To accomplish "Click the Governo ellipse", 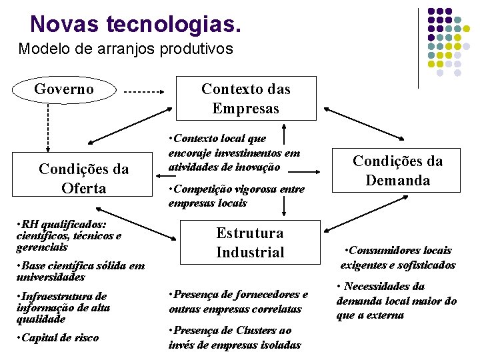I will coord(64,89).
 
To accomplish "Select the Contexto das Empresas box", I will coord(245,99).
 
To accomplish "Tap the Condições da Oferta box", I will coord(83,179).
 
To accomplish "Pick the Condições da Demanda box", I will coord(397,170).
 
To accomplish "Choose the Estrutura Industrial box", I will coord(250,243).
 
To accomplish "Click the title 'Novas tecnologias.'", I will coord(135,25).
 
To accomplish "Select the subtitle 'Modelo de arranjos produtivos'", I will coord(126,49).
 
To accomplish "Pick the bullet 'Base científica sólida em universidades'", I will coord(80,271).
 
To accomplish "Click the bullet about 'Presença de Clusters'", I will coord(234,337).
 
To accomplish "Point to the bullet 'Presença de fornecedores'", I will coord(238,301).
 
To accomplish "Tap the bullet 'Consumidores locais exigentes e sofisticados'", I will coord(397,257).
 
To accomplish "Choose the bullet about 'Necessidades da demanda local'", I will coord(396,301).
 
